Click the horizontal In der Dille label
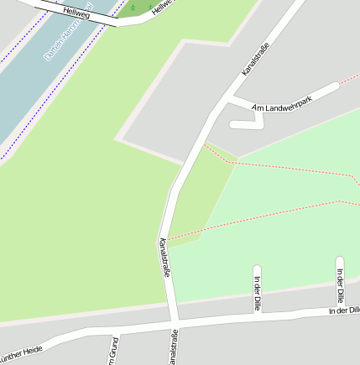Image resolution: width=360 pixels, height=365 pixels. (343, 311)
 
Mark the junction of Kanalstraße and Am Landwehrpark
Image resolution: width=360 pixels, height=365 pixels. (222, 101)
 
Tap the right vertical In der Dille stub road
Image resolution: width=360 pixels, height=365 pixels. (340, 281)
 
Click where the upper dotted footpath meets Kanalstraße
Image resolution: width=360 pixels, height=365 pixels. (203, 144)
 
